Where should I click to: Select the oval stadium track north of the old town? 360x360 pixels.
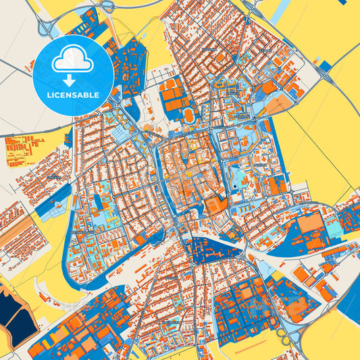click(x=190, y=115)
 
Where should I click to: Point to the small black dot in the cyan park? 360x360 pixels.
click(x=236, y=185)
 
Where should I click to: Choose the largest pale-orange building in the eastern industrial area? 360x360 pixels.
click(x=311, y=223)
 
